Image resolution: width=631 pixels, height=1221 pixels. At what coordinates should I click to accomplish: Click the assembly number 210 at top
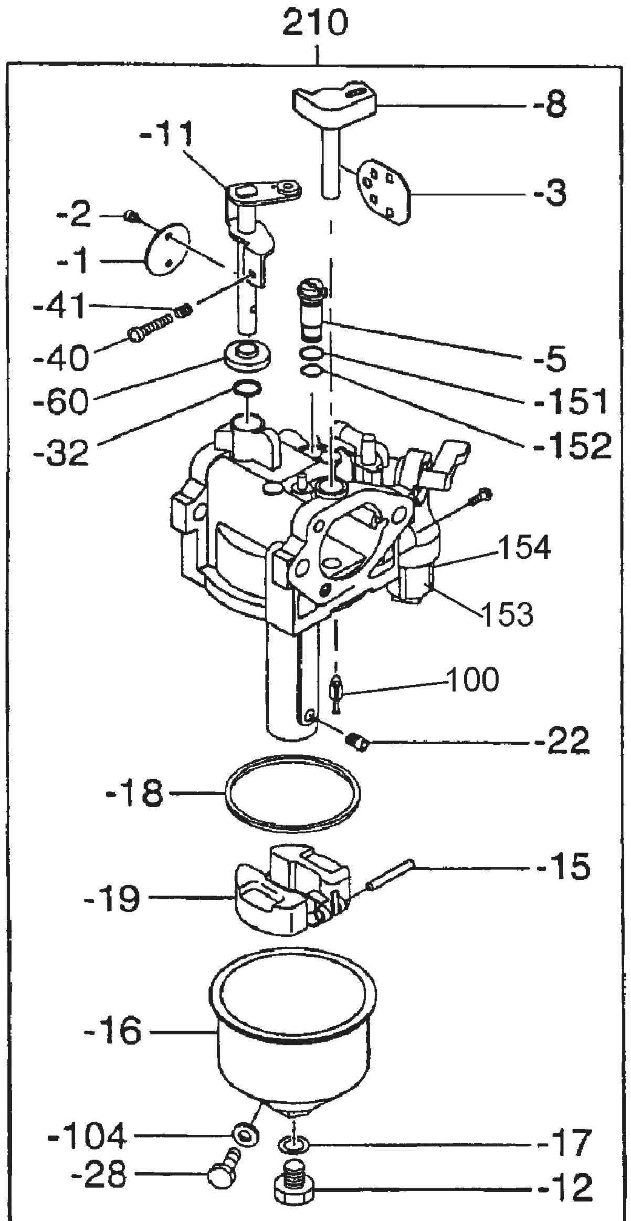(315, 24)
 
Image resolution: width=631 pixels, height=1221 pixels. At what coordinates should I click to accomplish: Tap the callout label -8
(550, 105)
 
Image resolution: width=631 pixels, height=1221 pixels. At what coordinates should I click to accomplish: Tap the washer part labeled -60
(246, 354)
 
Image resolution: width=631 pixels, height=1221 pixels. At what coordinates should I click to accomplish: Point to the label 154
(524, 548)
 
